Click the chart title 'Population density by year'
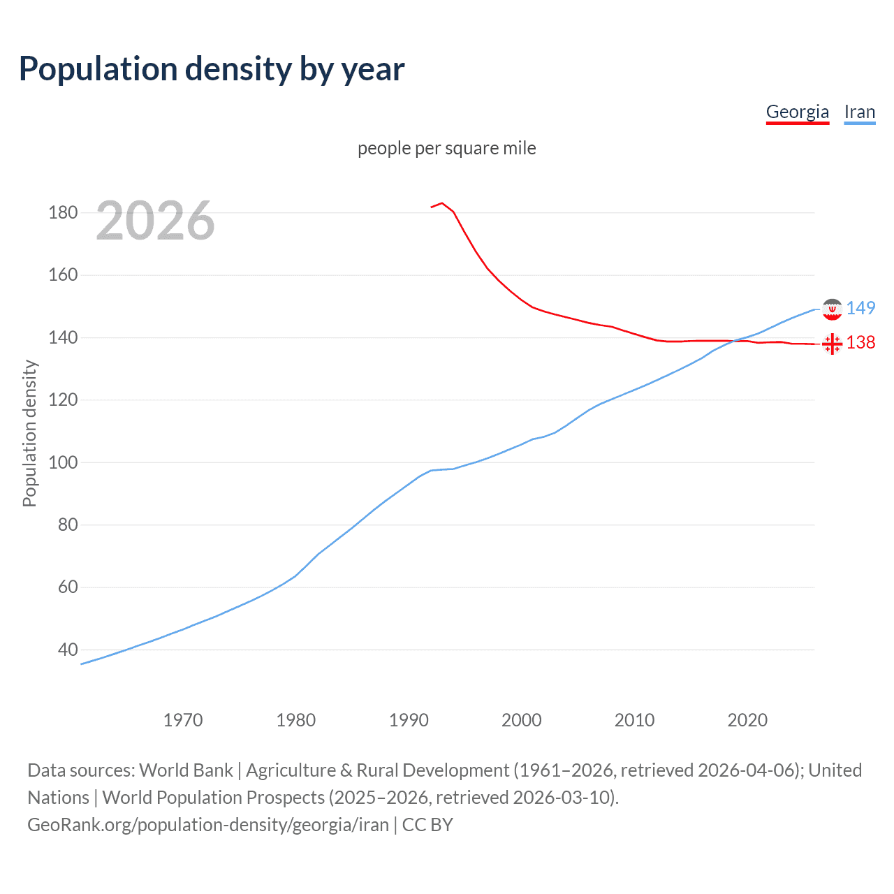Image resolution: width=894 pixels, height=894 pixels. (212, 69)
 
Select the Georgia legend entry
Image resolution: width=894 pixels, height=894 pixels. (797, 112)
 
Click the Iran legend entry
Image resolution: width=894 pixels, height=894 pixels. (859, 112)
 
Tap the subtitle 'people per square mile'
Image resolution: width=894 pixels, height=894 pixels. (446, 148)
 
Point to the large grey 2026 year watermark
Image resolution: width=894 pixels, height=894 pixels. (155, 221)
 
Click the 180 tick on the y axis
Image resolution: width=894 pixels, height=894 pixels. (63, 213)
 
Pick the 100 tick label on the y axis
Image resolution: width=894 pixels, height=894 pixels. (63, 462)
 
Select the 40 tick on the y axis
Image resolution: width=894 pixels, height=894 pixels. (68, 650)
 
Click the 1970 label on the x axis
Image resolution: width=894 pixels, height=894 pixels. (183, 720)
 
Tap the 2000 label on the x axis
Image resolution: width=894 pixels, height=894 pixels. (522, 720)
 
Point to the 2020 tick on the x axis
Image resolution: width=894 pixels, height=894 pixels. (747, 720)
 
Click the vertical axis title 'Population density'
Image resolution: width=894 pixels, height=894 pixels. (29, 433)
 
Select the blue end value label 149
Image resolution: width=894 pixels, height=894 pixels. (860, 308)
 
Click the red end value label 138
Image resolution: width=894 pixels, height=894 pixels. (860, 342)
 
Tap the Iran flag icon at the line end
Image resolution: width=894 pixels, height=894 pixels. (832, 309)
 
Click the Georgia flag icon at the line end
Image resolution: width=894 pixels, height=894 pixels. (832, 344)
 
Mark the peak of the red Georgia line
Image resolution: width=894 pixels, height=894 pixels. (442, 203)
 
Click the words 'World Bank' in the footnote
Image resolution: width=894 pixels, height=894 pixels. (186, 770)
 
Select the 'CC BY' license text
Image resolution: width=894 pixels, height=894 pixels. (427, 825)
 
